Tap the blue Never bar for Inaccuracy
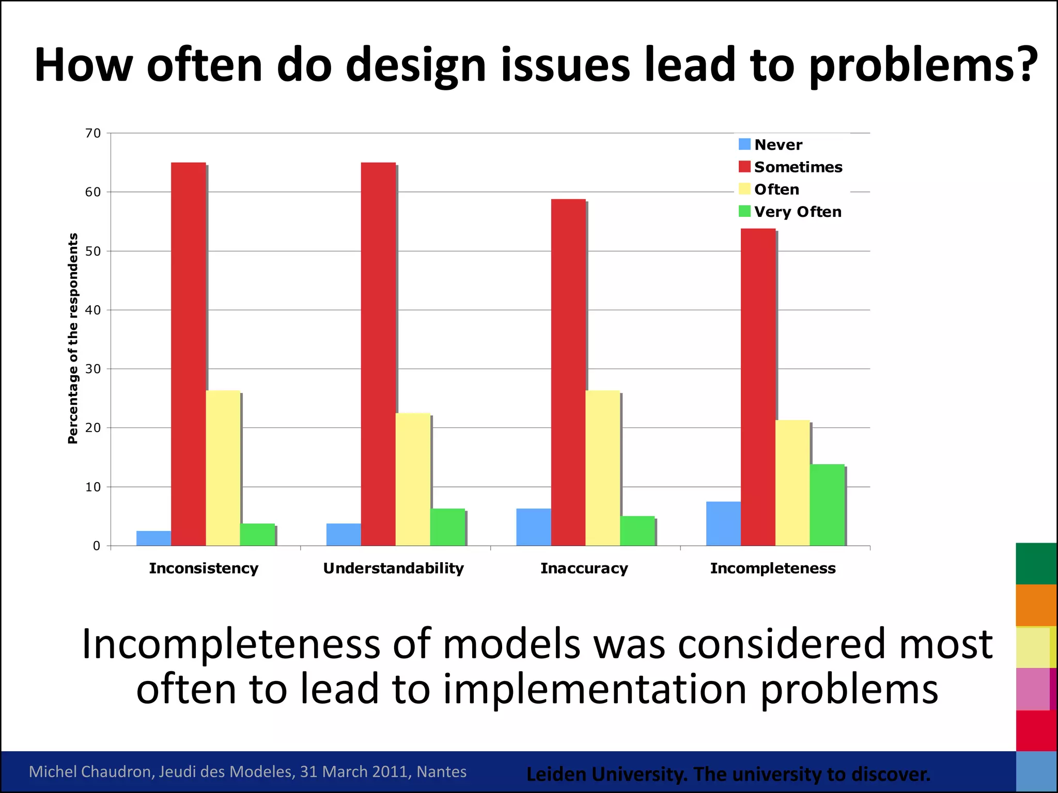pyautogui.click(x=533, y=527)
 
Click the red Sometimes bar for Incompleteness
pyautogui.click(x=758, y=387)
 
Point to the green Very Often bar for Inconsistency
pyautogui.click(x=257, y=534)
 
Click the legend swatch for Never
pyautogui.click(x=744, y=145)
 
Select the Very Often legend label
pyautogui.click(x=798, y=212)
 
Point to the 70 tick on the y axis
pyautogui.click(x=93, y=133)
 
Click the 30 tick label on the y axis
pyautogui.click(x=93, y=369)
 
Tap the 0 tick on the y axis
pyautogui.click(x=96, y=546)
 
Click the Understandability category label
pyautogui.click(x=393, y=568)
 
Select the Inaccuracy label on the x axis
pyautogui.click(x=584, y=568)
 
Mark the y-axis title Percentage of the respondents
pyautogui.click(x=73, y=338)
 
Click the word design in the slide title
pyautogui.click(x=416, y=66)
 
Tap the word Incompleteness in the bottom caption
pyautogui.click(x=231, y=644)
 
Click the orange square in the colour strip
pyautogui.click(x=1035, y=605)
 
